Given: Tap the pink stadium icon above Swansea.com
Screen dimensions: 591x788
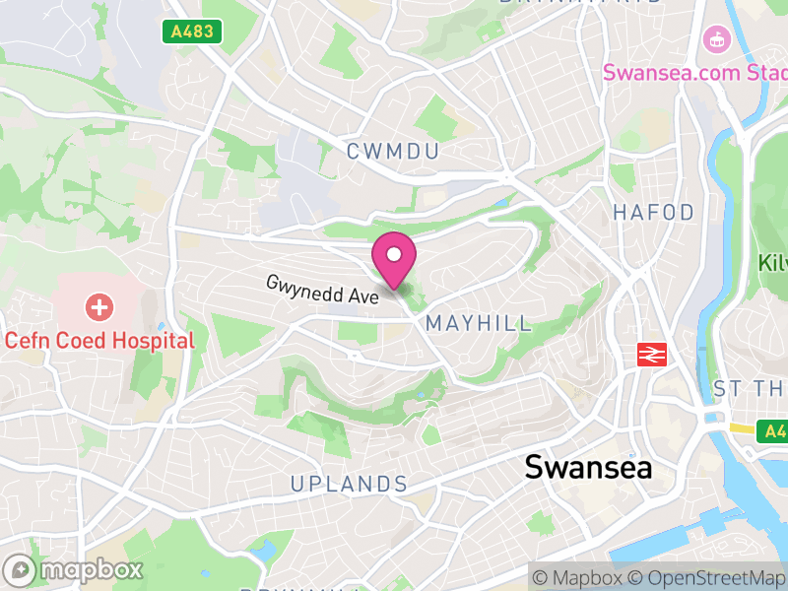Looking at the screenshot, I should click(x=715, y=40).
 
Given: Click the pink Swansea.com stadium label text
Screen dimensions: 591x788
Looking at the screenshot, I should click(x=694, y=72).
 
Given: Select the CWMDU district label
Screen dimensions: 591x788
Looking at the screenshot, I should click(x=391, y=151).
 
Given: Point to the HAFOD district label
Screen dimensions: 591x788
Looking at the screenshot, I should click(x=653, y=213).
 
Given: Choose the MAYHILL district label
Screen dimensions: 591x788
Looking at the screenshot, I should click(x=479, y=323).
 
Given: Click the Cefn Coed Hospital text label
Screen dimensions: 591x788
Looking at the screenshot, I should click(x=99, y=341).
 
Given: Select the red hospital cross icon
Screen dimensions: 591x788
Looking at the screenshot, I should click(x=99, y=307).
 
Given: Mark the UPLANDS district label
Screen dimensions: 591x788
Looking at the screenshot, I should click(x=349, y=484).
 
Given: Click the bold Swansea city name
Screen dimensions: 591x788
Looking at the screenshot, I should click(x=588, y=467).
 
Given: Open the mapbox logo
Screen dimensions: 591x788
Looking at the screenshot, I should click(x=74, y=569).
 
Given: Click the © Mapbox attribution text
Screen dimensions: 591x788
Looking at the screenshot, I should click(x=577, y=576).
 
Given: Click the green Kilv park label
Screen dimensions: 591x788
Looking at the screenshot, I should click(x=772, y=263).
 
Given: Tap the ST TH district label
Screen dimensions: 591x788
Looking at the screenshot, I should click(x=749, y=389).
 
